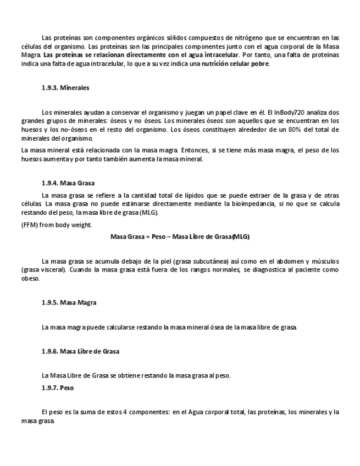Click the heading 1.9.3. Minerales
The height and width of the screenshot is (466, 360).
(x=65, y=87)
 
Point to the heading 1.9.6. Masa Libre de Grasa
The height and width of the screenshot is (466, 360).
(x=80, y=351)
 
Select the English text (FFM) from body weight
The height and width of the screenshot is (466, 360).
(x=57, y=225)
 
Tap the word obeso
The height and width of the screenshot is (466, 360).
(x=30, y=279)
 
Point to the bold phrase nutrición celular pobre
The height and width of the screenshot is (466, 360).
(x=235, y=64)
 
